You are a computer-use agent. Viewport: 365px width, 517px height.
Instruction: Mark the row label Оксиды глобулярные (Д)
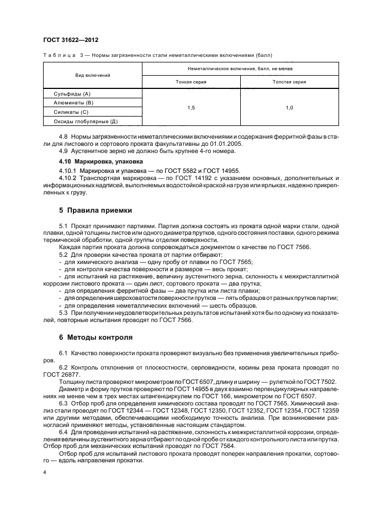click(86, 121)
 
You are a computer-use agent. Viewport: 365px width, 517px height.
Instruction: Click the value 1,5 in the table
click(191, 108)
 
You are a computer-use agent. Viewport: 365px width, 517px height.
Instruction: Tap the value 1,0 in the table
click(289, 108)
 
